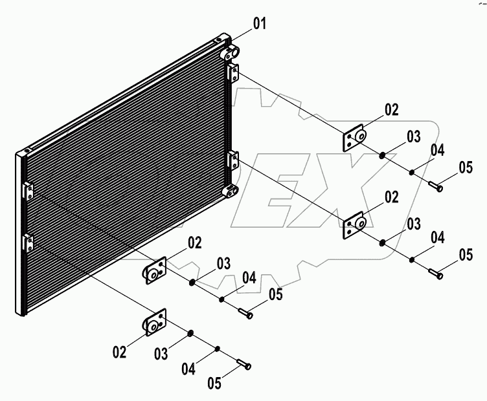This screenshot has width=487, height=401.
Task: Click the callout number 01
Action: pos(259,25)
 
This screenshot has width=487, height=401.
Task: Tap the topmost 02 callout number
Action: pos(392,109)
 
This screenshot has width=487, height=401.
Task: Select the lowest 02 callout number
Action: pos(119,352)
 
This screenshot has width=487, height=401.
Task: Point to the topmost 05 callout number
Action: pos(466,168)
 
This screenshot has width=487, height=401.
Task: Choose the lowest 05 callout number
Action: pos(214,383)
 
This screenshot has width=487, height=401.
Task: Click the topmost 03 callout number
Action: pos(414,136)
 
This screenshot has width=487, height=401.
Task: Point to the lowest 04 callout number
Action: pos(188,369)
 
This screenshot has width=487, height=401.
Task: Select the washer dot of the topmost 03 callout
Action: pos(383,155)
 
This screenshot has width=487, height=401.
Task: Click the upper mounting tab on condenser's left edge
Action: pos(28,191)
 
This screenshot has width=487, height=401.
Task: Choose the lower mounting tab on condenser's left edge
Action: pos(28,243)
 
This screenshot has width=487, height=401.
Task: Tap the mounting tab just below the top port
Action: pos(234,73)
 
